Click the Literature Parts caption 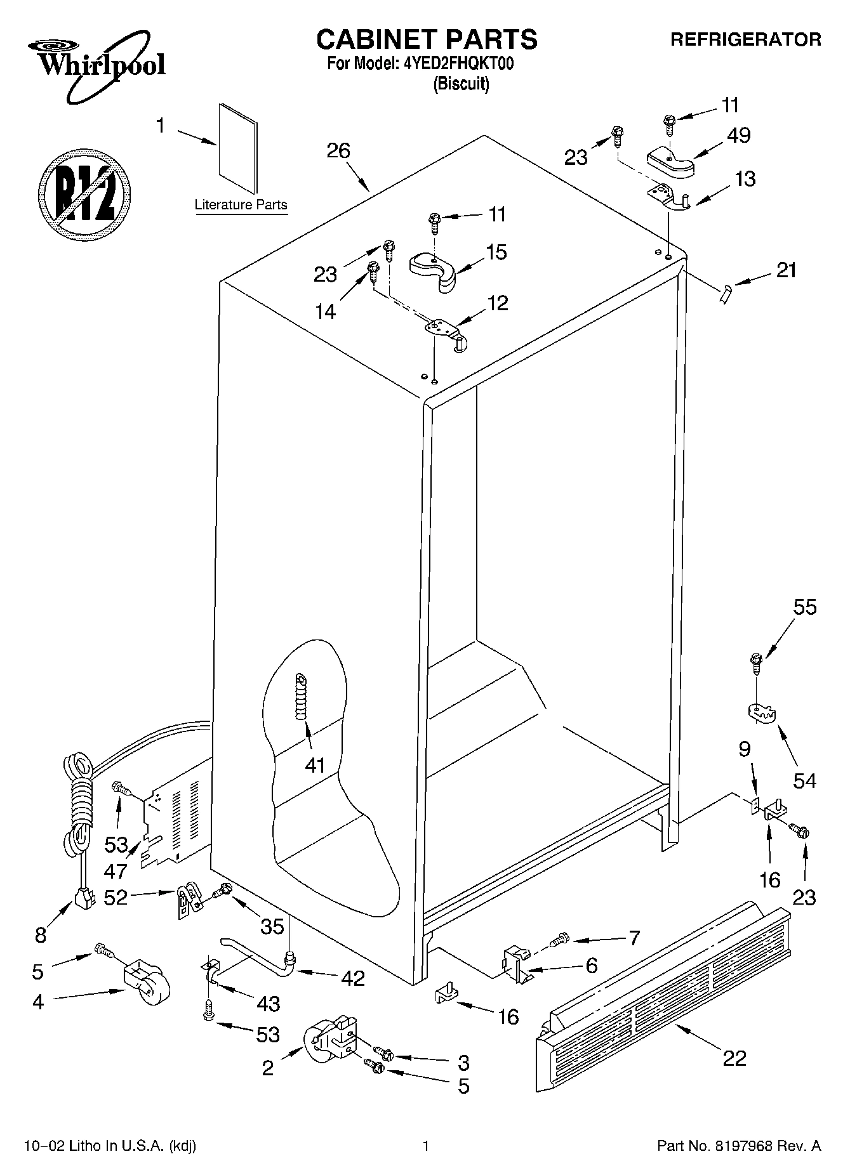click(x=241, y=205)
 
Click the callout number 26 click(x=338, y=151)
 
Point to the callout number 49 click(x=739, y=135)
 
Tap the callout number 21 click(x=786, y=270)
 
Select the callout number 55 click(x=804, y=607)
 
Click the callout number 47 click(x=116, y=871)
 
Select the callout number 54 click(x=804, y=780)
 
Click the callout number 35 click(x=272, y=926)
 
